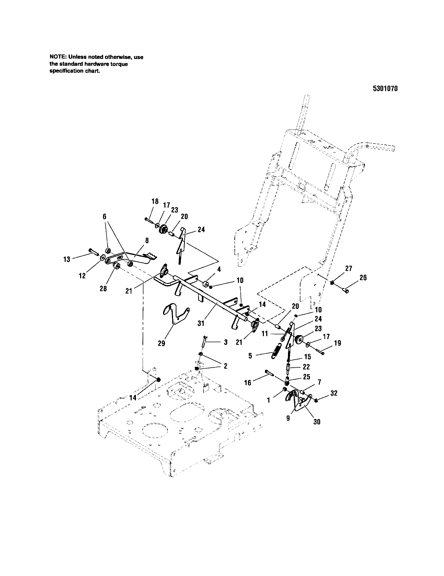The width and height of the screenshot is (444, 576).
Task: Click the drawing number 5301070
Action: tap(385, 88)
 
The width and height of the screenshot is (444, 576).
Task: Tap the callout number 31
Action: tap(201, 323)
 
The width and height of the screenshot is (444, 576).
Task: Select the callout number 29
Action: tap(161, 343)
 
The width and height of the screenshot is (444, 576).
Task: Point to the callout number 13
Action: tap(67, 259)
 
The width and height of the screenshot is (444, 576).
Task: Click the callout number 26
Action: tap(363, 278)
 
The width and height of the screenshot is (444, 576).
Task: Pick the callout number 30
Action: tap(317, 422)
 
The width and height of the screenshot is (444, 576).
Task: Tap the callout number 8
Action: tap(147, 240)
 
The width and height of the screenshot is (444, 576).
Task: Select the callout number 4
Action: tap(219, 269)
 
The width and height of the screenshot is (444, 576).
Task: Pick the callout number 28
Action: tap(103, 289)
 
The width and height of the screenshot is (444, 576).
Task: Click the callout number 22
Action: tap(306, 367)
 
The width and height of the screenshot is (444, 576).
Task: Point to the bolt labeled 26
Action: tap(346, 290)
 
